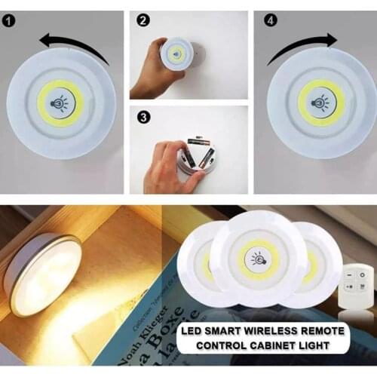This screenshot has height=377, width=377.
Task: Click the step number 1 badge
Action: [x=8, y=20]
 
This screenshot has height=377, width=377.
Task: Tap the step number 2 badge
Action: [x=142, y=20]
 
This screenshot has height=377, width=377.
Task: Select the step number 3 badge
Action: [x=142, y=117]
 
